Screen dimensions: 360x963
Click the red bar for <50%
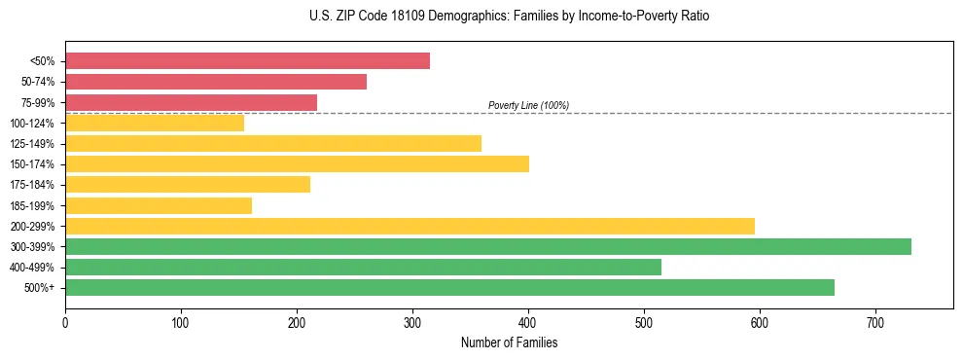click(x=247, y=61)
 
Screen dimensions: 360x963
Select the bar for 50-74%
click(x=216, y=82)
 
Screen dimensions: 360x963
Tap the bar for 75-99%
click(x=191, y=102)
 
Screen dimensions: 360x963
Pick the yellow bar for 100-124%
click(x=155, y=123)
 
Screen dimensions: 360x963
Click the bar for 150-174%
click(x=297, y=163)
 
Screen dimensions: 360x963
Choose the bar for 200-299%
click(x=410, y=226)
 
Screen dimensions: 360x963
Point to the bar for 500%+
click(x=449, y=287)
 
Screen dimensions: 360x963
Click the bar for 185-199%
click(x=159, y=205)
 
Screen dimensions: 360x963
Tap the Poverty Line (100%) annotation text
click(x=528, y=105)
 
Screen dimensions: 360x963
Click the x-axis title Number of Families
click(x=509, y=342)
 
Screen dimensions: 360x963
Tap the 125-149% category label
click(x=33, y=144)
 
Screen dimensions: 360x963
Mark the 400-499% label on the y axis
click(x=33, y=268)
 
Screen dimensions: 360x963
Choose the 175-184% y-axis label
click(x=33, y=185)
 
